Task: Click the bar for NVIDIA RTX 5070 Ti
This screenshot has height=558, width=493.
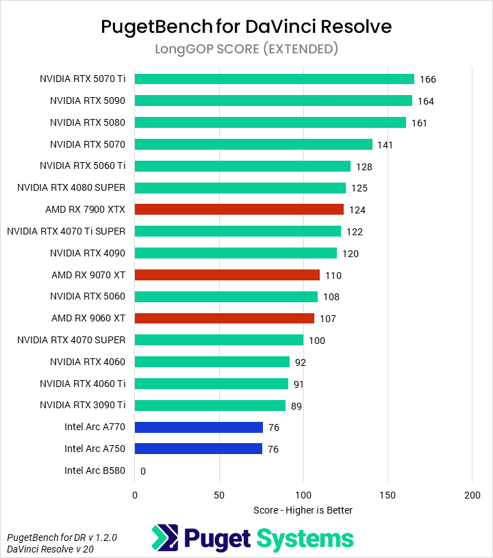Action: click(x=274, y=79)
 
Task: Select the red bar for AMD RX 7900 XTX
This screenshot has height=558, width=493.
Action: click(x=239, y=209)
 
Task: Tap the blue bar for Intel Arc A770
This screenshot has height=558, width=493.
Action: click(x=199, y=427)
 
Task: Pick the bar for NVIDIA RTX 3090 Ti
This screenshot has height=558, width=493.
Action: click(x=210, y=406)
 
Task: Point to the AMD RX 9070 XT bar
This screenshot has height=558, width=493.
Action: click(x=227, y=275)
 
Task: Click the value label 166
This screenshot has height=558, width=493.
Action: click(x=428, y=79)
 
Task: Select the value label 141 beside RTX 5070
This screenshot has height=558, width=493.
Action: click(x=385, y=145)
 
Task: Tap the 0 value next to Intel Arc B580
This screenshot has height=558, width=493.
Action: click(x=143, y=471)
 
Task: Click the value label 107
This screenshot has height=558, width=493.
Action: click(x=327, y=319)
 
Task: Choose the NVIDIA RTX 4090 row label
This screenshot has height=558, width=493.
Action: click(x=87, y=253)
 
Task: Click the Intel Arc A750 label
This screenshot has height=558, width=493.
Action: click(x=95, y=449)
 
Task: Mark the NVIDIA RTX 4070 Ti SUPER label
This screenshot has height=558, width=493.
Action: click(x=66, y=231)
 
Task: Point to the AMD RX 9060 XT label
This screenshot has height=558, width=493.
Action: click(x=88, y=319)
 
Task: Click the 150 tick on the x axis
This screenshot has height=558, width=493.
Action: click(x=388, y=494)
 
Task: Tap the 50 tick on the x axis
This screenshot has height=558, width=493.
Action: click(x=219, y=494)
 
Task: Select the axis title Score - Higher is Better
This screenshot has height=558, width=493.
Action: click(x=303, y=510)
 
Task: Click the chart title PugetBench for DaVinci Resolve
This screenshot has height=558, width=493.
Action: click(x=246, y=26)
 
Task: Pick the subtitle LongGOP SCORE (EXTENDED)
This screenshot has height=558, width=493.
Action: click(x=246, y=49)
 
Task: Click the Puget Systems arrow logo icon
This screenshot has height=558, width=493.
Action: click(x=166, y=538)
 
